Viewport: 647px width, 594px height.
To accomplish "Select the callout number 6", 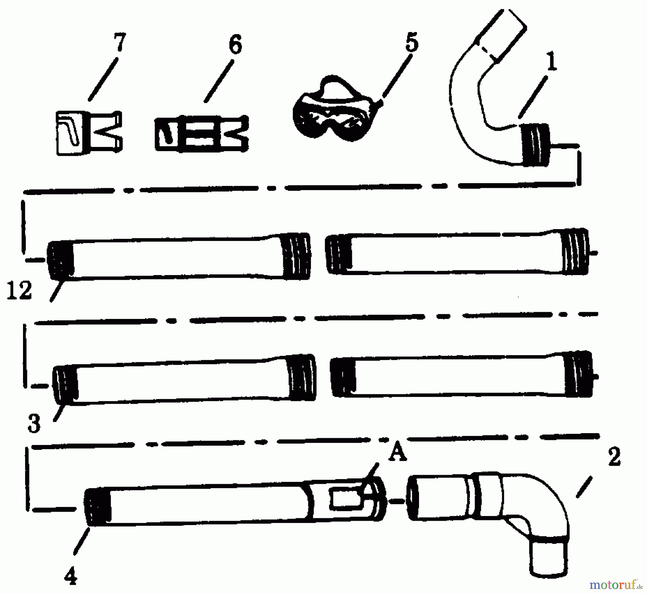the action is click(x=235, y=45).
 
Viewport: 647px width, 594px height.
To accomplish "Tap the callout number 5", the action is click(x=412, y=42).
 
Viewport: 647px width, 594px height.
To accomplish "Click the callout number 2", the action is click(x=614, y=457).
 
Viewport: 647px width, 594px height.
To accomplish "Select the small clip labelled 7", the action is click(x=89, y=133).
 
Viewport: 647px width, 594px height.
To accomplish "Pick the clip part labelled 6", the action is click(x=202, y=133).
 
